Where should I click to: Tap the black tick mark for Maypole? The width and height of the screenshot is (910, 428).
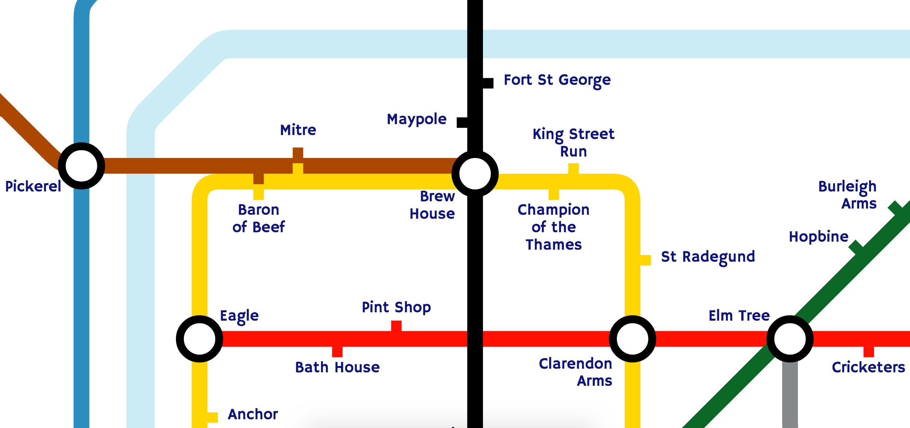tap(462, 122)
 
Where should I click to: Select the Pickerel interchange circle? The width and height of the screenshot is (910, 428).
tap(81, 166)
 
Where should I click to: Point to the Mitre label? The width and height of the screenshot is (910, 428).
tap(298, 130)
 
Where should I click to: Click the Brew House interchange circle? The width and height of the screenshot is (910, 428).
tap(475, 174)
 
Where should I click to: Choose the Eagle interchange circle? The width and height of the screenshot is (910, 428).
tap(199, 339)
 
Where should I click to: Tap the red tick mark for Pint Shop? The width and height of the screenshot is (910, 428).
tap(396, 326)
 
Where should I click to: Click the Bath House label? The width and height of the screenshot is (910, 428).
tap(337, 367)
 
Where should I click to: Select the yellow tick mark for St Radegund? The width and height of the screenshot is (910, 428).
tap(645, 260)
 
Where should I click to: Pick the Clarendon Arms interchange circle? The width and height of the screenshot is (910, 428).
tap(632, 339)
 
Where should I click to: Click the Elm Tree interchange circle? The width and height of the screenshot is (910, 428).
tap(789, 339)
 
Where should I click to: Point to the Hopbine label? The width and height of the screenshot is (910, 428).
tap(818, 237)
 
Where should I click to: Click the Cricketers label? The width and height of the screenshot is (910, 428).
tap(868, 367)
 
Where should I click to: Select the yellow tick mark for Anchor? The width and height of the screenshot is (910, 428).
tap(212, 417)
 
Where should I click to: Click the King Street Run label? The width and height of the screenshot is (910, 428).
tap(573, 142)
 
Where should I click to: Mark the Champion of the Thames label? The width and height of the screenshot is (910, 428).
tap(553, 227)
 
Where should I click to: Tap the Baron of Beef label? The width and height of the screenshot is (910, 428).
tap(258, 218)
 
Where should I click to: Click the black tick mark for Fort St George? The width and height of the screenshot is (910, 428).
tap(488, 83)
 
